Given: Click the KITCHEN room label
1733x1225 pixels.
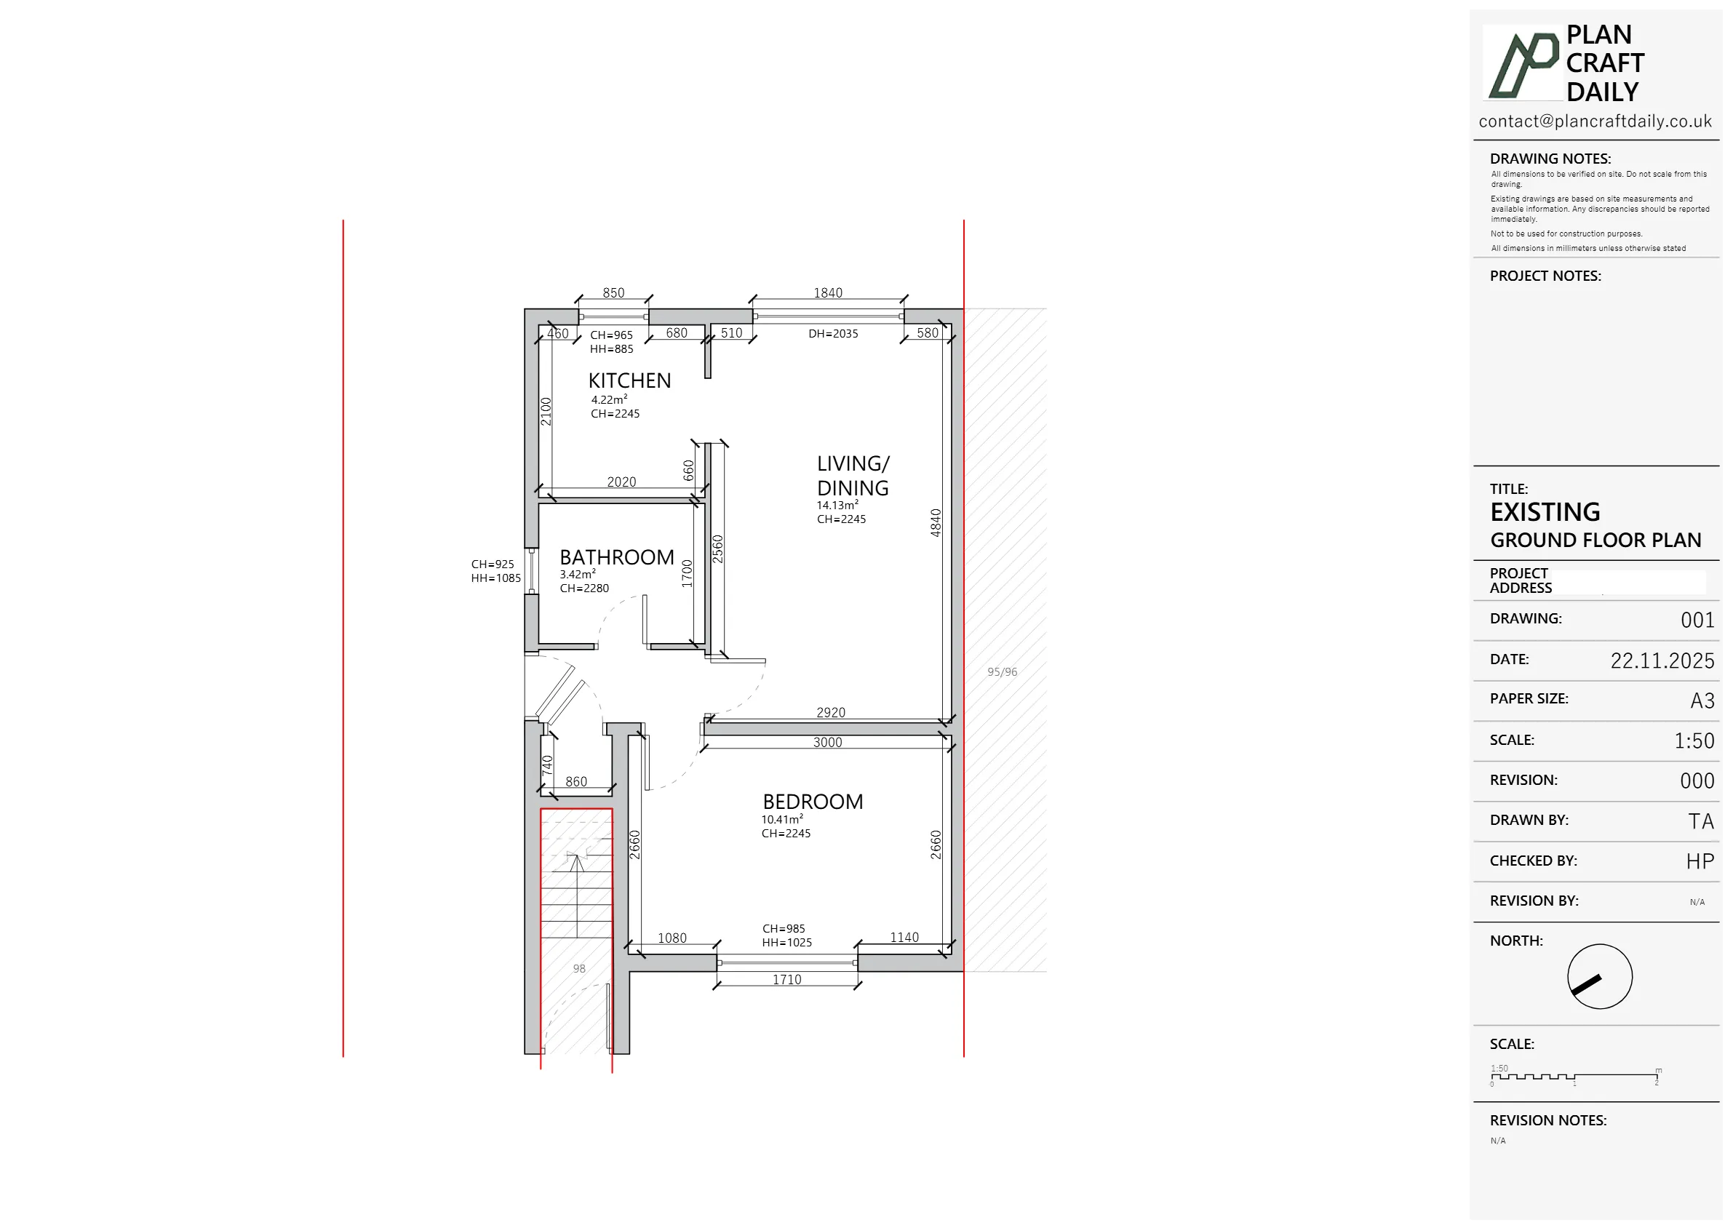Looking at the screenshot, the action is [629, 380].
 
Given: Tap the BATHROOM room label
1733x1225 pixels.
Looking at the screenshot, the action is [617, 557].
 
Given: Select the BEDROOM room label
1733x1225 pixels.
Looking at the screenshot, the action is [813, 802].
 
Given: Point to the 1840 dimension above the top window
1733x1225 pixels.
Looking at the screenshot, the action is [828, 293].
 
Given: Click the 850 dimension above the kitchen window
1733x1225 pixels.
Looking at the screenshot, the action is [613, 293].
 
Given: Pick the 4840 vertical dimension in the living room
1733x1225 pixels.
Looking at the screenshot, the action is [936, 523].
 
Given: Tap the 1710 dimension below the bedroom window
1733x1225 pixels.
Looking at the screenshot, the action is [786, 980].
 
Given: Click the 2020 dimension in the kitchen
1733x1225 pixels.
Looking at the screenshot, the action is [621, 482].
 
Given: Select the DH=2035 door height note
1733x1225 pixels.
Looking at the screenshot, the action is [833, 334].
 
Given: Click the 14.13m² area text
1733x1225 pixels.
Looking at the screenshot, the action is [837, 506].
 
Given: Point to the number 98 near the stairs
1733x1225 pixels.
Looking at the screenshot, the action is [579, 968].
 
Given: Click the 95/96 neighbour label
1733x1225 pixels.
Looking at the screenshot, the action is [1003, 671].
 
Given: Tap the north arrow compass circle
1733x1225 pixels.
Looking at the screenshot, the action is [1599, 977].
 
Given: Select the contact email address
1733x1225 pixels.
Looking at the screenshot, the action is [1595, 121].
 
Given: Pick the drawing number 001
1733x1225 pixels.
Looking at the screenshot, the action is [1697, 621].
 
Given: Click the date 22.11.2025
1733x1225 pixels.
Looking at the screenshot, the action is [1662, 661].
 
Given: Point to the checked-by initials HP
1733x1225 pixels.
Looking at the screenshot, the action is [1700, 862].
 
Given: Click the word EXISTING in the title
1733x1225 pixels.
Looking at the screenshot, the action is [1545, 513].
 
